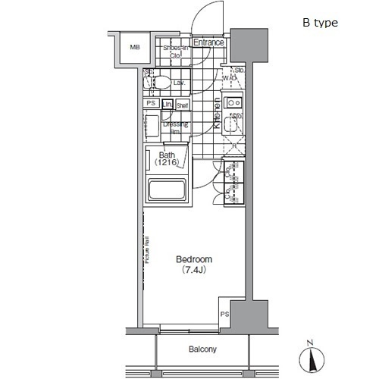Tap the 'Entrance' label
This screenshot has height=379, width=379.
[x=208, y=42]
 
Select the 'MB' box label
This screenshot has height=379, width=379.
[x=135, y=48]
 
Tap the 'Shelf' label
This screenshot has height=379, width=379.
[x=183, y=105]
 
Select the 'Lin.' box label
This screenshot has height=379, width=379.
[x=168, y=105]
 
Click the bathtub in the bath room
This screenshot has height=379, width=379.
[x=169, y=190]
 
